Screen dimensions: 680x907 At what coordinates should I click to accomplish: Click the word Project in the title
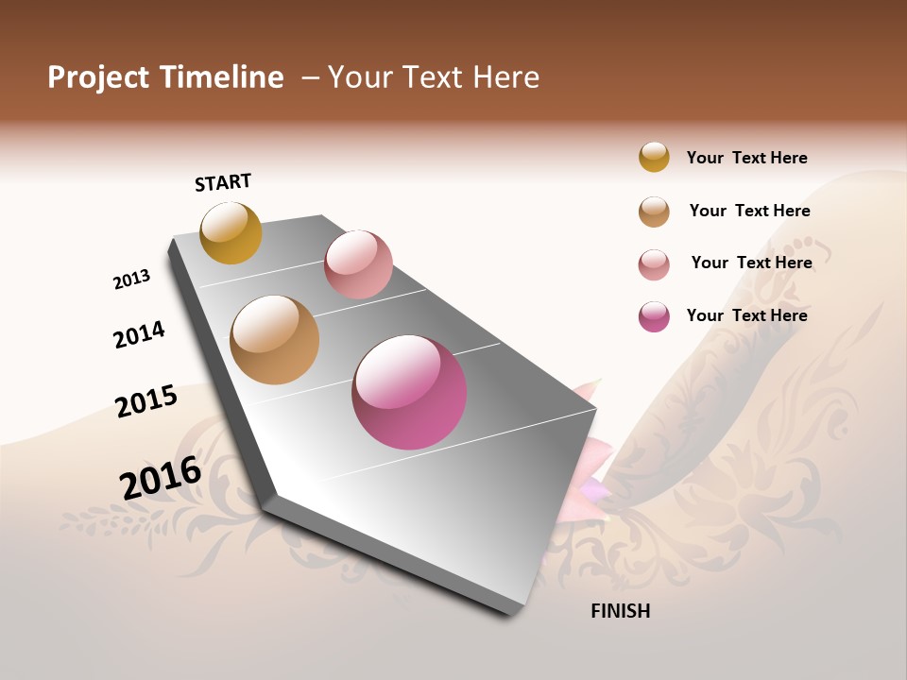[99, 77]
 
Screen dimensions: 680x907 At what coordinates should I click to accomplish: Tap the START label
[223, 182]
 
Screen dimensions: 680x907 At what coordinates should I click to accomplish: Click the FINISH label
[620, 611]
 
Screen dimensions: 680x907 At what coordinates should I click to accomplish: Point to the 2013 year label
[131, 280]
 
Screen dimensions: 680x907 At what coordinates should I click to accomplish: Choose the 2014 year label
[139, 334]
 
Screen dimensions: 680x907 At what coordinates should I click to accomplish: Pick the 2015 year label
[146, 401]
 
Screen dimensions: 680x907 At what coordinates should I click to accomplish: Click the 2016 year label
[161, 477]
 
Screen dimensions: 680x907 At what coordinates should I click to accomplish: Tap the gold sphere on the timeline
[231, 232]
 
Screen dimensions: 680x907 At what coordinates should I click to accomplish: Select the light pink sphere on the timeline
[358, 264]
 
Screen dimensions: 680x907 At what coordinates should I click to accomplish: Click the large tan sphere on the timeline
[274, 340]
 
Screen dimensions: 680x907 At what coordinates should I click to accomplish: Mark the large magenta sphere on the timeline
[409, 392]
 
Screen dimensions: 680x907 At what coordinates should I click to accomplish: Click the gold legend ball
[654, 157]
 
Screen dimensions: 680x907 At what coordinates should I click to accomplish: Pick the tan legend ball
[654, 212]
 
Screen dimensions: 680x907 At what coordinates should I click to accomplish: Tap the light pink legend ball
[654, 264]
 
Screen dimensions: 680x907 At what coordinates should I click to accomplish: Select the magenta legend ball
[654, 316]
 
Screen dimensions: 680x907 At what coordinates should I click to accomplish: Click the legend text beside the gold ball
[746, 158]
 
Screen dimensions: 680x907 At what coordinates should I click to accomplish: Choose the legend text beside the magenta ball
[746, 315]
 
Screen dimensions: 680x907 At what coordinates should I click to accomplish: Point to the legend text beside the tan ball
[749, 211]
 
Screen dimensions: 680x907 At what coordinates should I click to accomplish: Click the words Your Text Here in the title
[434, 77]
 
